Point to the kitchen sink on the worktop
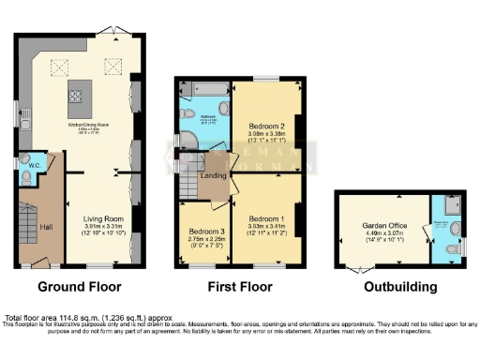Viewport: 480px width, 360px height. pyautogui.click(x=28, y=120)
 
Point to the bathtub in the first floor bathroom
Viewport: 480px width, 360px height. pyautogui.click(x=204, y=91)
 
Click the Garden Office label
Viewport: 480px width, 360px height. pyautogui.click(x=385, y=227)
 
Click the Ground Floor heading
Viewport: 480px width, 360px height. pyautogui.click(x=80, y=285)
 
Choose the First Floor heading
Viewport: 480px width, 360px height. pyautogui.click(x=238, y=285)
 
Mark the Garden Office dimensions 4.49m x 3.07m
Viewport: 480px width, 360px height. pyautogui.click(x=385, y=234)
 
